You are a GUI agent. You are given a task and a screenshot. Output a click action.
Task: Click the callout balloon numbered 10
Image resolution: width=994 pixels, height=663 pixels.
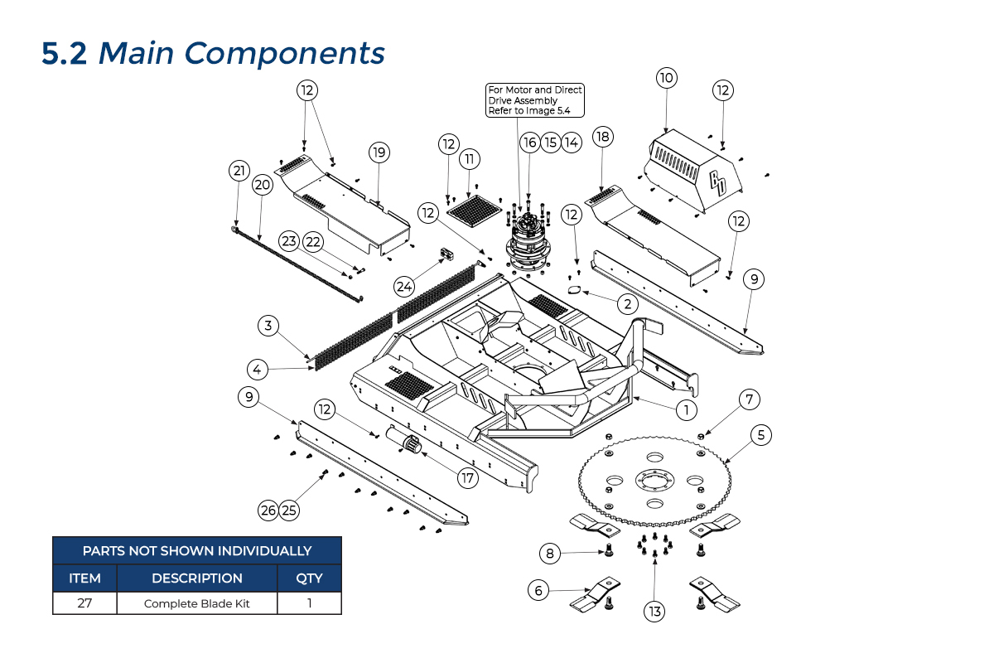(x=667, y=79)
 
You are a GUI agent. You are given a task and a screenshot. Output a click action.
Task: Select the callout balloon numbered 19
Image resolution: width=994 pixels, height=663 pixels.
(x=379, y=152)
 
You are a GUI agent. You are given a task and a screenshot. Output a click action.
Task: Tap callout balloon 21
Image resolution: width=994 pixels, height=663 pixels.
(x=239, y=171)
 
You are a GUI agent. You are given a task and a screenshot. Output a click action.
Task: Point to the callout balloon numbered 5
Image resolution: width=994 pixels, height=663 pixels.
(x=761, y=433)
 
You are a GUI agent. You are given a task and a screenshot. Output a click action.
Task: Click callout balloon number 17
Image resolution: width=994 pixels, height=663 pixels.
(x=468, y=477)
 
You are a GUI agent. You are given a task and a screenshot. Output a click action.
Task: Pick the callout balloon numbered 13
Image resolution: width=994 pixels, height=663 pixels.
(x=655, y=612)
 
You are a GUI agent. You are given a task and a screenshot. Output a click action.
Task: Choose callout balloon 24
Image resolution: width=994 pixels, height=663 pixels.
(x=404, y=286)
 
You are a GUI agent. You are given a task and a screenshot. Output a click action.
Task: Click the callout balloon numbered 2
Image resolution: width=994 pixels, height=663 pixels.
(x=628, y=304)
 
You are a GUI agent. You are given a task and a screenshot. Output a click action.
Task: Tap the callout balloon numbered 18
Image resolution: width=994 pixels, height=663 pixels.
(x=602, y=137)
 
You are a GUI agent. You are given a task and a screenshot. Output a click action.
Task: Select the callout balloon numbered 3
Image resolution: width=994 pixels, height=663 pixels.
(x=268, y=326)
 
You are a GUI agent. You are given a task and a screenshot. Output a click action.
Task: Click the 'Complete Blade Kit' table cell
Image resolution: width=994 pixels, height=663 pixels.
(x=197, y=603)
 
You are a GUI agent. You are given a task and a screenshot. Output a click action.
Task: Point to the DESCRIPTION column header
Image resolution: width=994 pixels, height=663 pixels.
(x=197, y=578)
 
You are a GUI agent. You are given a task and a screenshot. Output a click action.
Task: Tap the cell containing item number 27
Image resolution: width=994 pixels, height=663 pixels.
(x=84, y=603)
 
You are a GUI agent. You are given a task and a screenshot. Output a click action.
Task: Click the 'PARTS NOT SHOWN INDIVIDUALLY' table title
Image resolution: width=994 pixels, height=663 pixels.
(x=197, y=550)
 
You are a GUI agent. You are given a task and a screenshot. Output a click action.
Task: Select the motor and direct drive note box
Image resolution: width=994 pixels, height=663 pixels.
(x=535, y=100)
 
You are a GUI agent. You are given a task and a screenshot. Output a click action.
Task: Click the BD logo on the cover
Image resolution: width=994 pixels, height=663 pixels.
(x=717, y=183)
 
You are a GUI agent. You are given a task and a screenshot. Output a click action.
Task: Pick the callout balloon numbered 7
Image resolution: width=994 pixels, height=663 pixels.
(x=748, y=400)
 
